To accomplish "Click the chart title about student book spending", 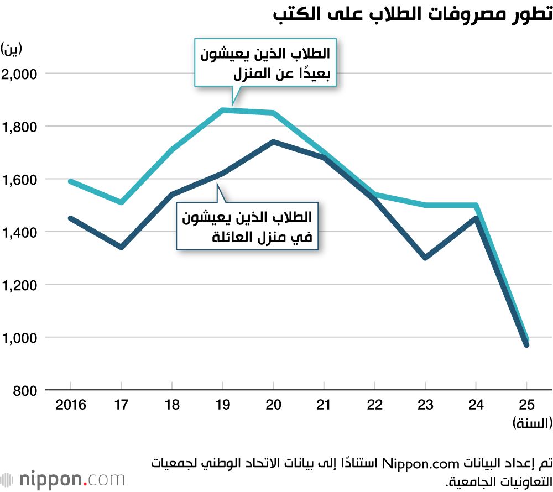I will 413,14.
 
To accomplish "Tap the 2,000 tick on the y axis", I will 19,74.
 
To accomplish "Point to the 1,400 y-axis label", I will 19,232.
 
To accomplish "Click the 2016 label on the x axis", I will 71,405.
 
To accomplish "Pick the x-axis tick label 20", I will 273,405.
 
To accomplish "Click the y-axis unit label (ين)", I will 12,49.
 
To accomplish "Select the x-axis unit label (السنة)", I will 531,424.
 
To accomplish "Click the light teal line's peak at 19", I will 223,110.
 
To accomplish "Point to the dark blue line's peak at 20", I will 273,142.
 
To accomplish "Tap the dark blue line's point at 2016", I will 71,218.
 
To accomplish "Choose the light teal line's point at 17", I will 121,202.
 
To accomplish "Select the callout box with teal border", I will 265,62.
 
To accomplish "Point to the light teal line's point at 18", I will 172,150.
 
